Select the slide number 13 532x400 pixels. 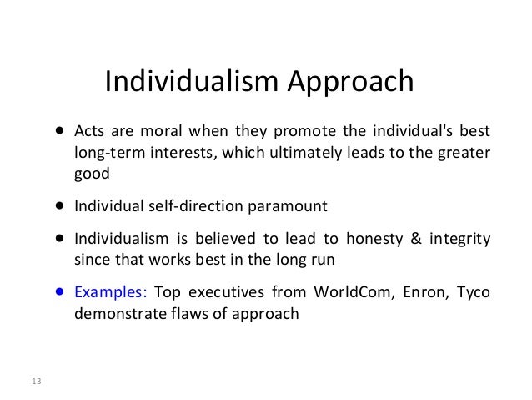[x=35, y=382]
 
